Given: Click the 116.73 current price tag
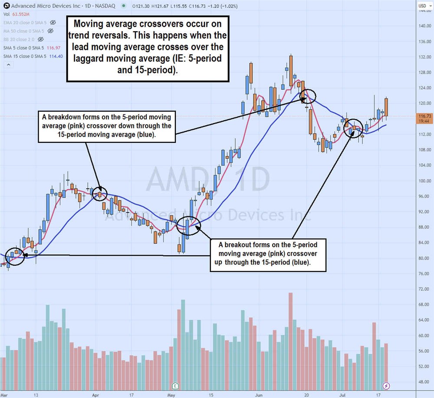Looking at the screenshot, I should [425, 116].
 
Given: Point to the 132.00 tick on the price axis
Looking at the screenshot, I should [425, 57].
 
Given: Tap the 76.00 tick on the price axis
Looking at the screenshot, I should [425, 274].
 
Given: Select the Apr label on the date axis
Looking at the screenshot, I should [96, 395].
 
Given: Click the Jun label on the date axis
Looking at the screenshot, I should [259, 395].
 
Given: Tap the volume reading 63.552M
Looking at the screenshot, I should [19, 14].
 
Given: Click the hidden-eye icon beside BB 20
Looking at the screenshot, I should [41, 39].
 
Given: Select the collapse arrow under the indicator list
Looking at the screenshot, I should [8, 65].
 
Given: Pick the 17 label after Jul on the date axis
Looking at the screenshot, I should [378, 395].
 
